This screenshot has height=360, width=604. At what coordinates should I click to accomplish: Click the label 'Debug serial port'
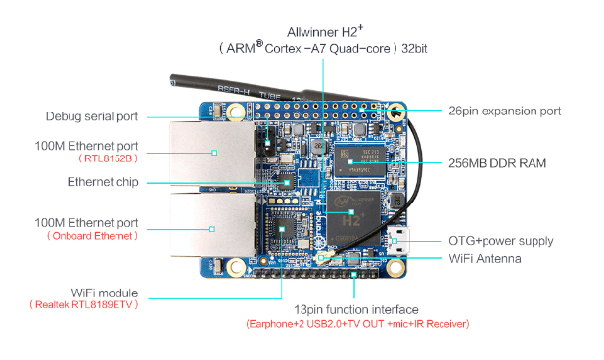[92, 116]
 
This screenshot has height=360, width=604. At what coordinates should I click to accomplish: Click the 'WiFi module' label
[105, 292]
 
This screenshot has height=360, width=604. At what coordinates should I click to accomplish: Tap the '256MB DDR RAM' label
[497, 162]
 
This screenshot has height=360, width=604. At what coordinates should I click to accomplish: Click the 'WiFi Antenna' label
[485, 259]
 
